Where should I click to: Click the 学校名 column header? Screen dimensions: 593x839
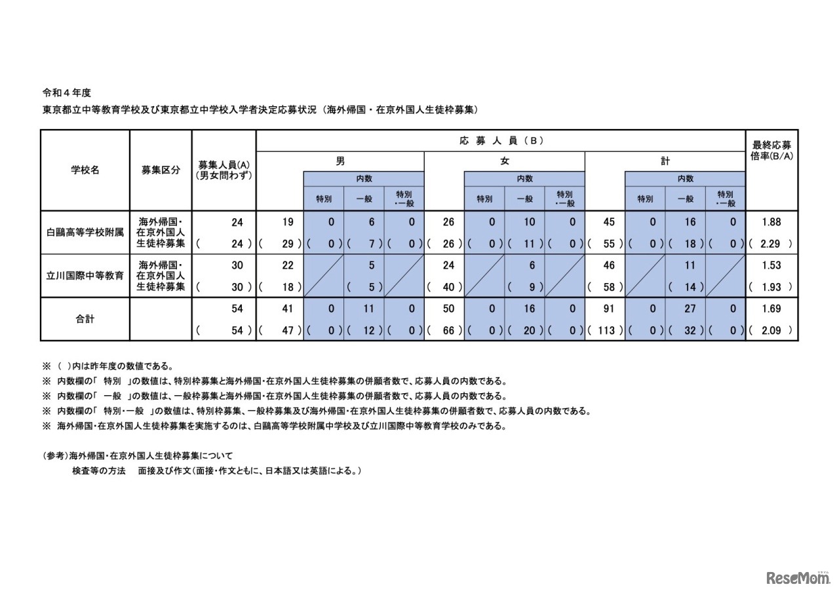(x=85, y=170)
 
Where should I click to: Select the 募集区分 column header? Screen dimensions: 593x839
(x=161, y=170)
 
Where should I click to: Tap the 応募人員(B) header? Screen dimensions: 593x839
(x=501, y=140)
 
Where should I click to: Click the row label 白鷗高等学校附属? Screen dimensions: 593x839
(x=85, y=233)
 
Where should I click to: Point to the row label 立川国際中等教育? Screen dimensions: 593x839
(x=85, y=276)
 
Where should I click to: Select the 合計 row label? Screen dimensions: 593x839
(x=85, y=320)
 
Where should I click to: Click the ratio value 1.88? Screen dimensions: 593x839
(x=771, y=223)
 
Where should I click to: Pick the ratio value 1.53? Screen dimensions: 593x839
(x=771, y=265)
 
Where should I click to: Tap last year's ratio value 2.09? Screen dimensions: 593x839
(x=771, y=330)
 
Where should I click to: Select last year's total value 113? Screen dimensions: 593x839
(x=606, y=330)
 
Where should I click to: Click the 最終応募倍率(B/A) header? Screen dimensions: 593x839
(x=771, y=151)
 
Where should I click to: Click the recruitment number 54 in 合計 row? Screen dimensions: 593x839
(x=237, y=309)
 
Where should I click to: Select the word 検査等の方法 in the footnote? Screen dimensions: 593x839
(x=98, y=470)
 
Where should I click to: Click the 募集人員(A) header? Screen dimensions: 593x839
(x=224, y=170)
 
